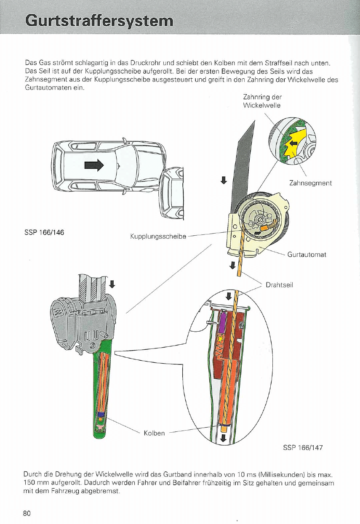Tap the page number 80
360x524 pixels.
pyautogui.click(x=27, y=513)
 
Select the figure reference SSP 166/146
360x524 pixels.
pyautogui.click(x=45, y=232)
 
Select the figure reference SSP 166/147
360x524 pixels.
pyautogui.click(x=303, y=447)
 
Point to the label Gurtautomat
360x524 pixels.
pyautogui.click(x=307, y=255)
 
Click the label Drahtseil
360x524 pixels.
pyautogui.click(x=279, y=285)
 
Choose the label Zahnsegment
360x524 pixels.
pyautogui.click(x=311, y=183)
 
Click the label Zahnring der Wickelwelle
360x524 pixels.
pyautogui.click(x=262, y=101)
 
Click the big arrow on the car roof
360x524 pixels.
pyautogui.click(x=94, y=165)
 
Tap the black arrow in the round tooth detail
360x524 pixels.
pyautogui.click(x=293, y=143)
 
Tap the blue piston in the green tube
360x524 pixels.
pyautogui.click(x=100, y=415)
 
